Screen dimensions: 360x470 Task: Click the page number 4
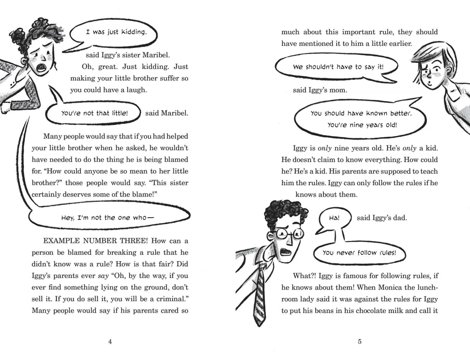pyautogui.click(x=110, y=341)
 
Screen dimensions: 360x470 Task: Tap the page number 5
pyautogui.click(x=360, y=341)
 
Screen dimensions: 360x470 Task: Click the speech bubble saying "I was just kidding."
pyautogui.click(x=116, y=33)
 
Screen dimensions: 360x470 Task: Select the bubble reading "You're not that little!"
pyautogui.click(x=96, y=113)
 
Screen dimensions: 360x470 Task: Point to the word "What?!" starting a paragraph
pyautogui.click(x=304, y=276)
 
